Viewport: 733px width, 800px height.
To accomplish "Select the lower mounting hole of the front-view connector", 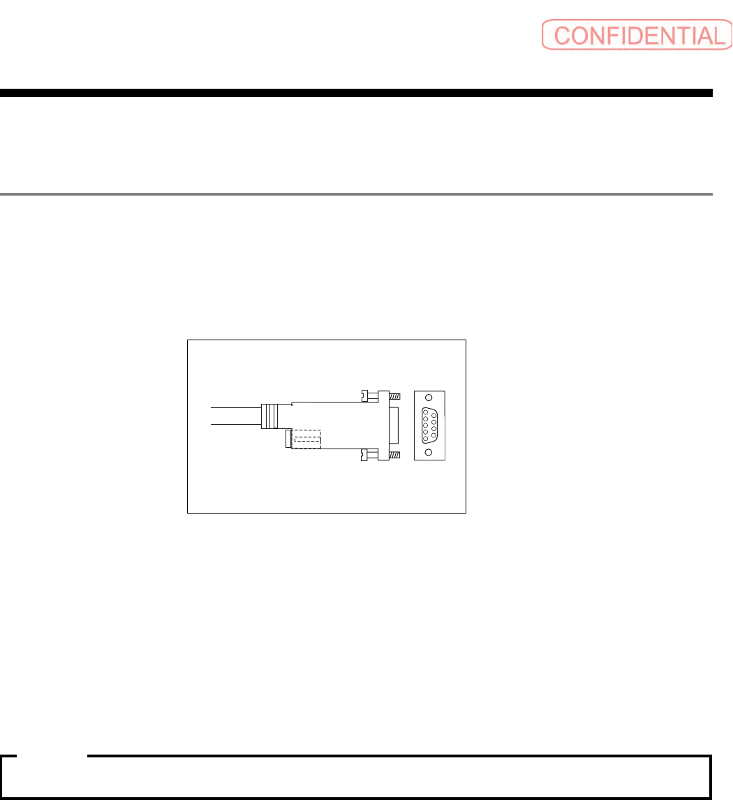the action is click(x=428, y=452).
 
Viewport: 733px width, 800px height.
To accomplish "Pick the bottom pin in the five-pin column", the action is click(x=425, y=438).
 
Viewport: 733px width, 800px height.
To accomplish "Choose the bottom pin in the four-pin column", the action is click(x=433, y=435).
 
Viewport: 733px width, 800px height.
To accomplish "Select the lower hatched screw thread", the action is click(x=395, y=455).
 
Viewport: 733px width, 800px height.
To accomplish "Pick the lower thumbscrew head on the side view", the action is click(x=363, y=455).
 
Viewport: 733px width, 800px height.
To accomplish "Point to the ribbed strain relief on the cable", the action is click(x=269, y=416).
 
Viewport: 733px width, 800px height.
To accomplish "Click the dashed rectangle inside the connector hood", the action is click(x=305, y=439).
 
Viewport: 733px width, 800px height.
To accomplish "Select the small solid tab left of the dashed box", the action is click(x=288, y=440).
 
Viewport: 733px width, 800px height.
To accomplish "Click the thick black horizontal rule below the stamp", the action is click(x=356, y=93).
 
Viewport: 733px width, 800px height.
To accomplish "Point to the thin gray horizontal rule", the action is click(x=356, y=194).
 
